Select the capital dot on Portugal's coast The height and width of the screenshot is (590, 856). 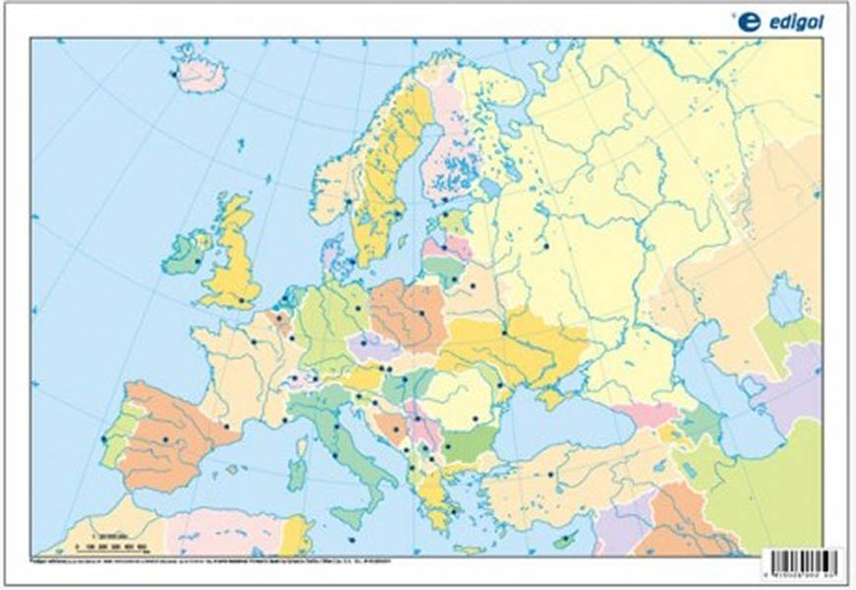[103, 440]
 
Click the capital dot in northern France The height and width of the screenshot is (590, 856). [253, 341]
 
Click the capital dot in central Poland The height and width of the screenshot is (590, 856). [423, 312]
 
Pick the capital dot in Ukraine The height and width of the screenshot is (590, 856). [504, 332]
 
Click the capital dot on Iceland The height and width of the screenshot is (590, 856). [174, 73]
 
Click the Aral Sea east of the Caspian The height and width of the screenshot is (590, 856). [784, 300]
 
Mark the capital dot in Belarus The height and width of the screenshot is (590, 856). [472, 287]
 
